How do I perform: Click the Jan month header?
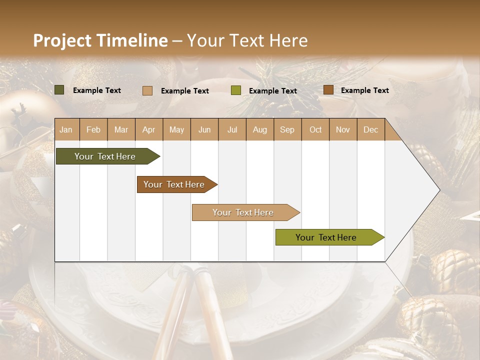[x=66, y=129]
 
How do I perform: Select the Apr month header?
[x=148, y=129]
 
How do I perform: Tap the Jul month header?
[x=232, y=129]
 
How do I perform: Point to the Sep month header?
[x=287, y=129]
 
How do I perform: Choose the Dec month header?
[x=370, y=129]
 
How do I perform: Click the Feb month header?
[x=93, y=129]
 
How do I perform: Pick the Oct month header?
[x=315, y=129]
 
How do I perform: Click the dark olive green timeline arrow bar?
[x=105, y=156]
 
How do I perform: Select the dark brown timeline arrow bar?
[x=174, y=184]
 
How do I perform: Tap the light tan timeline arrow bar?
[x=243, y=212]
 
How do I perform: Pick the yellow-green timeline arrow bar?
[x=326, y=237]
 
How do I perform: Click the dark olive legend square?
[x=59, y=90]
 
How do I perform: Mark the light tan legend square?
[x=147, y=90]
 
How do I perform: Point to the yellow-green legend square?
[x=236, y=90]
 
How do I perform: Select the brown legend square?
[x=328, y=90]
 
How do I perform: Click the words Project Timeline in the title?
[x=100, y=40]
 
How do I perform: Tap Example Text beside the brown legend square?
[x=364, y=90]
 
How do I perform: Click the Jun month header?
[x=204, y=129]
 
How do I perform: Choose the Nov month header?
[x=342, y=129]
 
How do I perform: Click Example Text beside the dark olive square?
[x=97, y=90]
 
